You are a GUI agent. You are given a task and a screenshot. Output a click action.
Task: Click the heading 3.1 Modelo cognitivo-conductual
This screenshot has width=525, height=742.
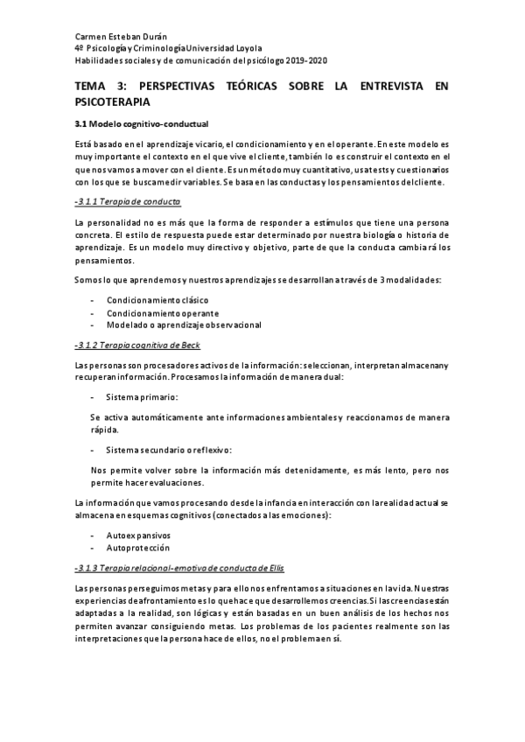point(141,123)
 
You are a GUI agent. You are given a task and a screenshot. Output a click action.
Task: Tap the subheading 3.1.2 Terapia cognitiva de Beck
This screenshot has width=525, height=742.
point(137,345)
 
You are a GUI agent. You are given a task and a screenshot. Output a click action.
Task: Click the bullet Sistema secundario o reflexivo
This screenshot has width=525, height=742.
point(168,450)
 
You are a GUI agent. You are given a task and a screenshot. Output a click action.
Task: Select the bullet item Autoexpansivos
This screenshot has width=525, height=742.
point(138,535)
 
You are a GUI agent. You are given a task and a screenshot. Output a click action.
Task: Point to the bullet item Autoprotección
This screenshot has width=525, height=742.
point(137,547)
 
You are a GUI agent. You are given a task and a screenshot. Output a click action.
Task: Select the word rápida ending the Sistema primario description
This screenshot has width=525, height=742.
point(105,430)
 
